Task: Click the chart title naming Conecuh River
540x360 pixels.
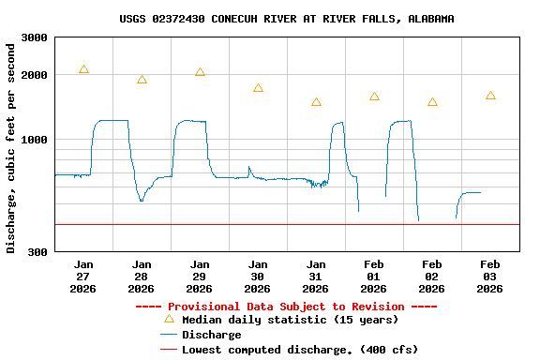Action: coord(287,19)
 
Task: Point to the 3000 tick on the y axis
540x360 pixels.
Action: coord(35,37)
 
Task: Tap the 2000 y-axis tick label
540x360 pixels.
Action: coord(35,74)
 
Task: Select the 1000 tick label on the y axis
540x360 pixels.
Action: coord(35,140)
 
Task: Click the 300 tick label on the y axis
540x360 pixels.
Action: coord(38,251)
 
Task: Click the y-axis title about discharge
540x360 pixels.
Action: coord(11,148)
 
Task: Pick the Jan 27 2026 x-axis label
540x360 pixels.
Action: coord(83,277)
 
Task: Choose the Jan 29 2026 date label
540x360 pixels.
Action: coord(200,277)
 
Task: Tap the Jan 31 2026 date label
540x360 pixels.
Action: coord(316,277)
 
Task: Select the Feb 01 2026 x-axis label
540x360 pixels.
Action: coord(374,277)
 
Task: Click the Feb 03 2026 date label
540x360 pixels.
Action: coord(490,277)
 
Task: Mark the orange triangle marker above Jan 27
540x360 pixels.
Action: coord(83,69)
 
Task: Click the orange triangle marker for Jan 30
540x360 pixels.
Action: coord(258,88)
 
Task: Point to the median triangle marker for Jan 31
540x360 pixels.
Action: coord(316,102)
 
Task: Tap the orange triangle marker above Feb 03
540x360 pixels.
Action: coord(490,96)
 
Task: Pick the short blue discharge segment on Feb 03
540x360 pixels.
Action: coord(469,193)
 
